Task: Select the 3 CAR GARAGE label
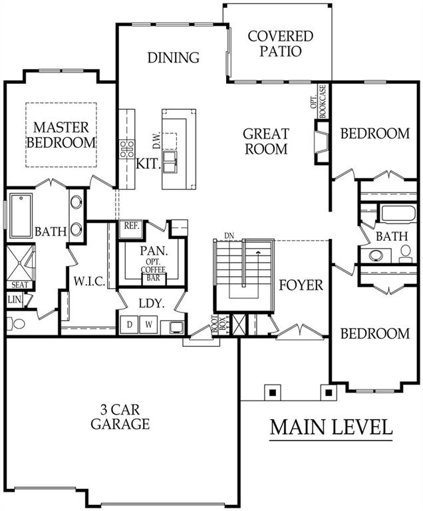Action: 120,417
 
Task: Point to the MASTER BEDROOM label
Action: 65,134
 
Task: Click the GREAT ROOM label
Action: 265,141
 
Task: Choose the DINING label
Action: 173,58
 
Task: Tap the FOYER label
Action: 301,285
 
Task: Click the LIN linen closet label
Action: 14,300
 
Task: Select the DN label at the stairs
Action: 229,236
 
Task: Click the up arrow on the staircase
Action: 257,256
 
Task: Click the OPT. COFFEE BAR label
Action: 152,269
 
